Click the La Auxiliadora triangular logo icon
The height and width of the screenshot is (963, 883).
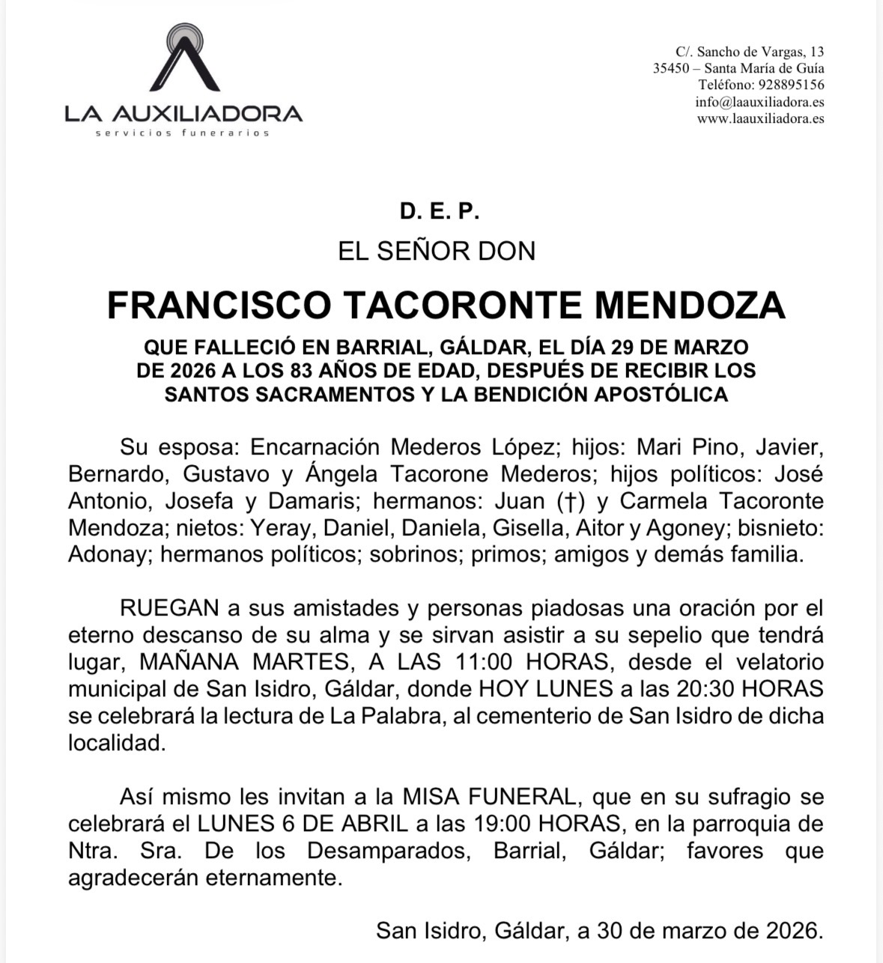(184, 59)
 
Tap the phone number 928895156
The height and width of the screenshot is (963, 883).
(791, 85)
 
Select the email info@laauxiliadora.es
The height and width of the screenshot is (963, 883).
(759, 102)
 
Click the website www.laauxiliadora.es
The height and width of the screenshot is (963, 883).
(760, 118)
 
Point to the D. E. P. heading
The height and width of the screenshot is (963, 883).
(439, 212)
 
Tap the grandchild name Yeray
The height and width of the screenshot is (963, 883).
(279, 528)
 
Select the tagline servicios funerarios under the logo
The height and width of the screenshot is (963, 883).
(183, 133)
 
